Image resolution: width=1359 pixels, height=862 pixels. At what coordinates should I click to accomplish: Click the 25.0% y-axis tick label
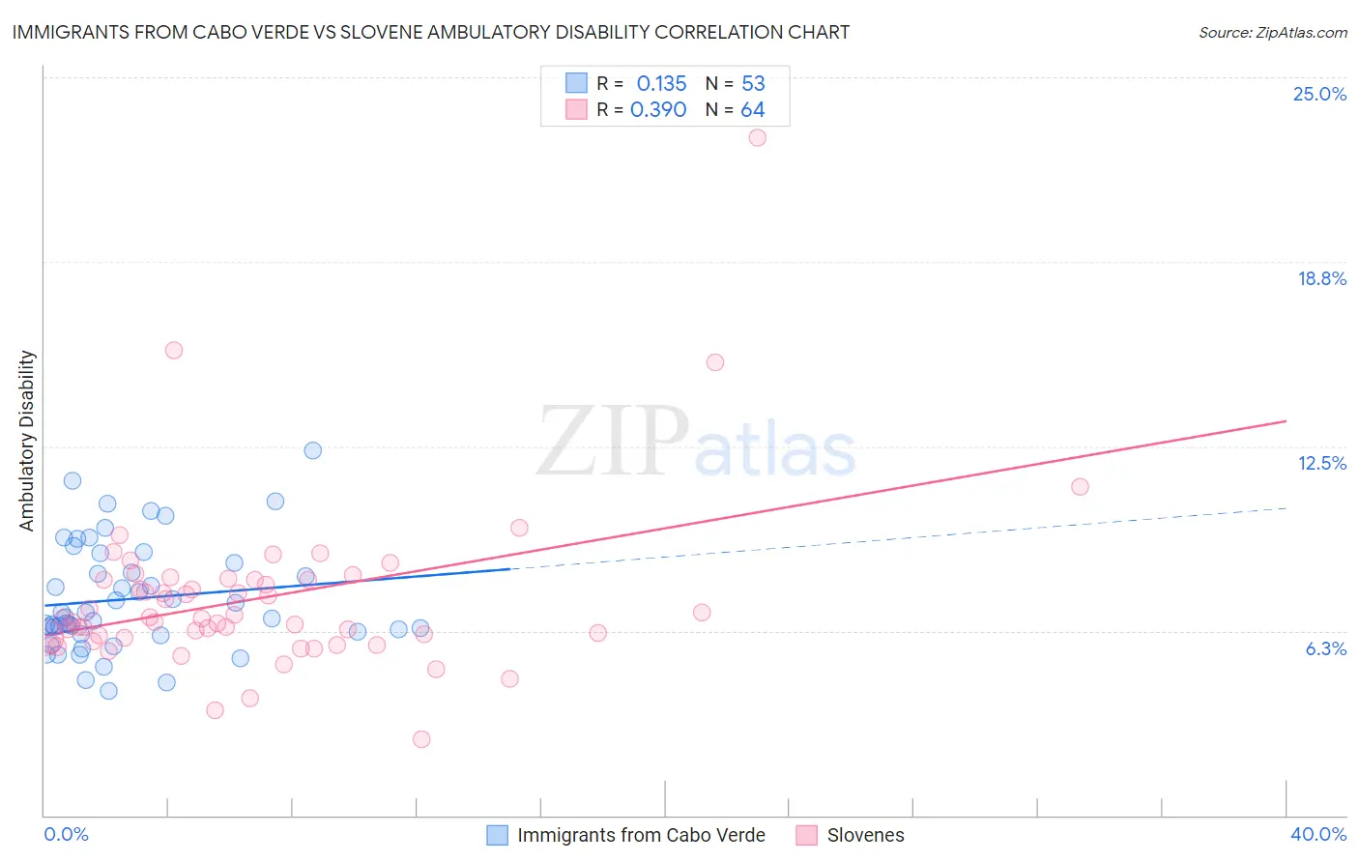click(1319, 94)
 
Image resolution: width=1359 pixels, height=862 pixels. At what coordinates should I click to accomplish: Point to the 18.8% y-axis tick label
click(1321, 278)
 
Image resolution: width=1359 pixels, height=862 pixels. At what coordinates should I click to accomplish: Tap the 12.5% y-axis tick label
click(1321, 463)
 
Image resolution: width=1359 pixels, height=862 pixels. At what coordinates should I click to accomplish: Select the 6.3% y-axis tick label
click(1325, 648)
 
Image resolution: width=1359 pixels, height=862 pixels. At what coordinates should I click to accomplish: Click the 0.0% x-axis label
click(66, 834)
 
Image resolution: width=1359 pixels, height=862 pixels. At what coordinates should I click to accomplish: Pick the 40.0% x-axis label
click(1318, 834)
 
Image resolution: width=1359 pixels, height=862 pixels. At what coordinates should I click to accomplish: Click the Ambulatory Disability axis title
click(27, 441)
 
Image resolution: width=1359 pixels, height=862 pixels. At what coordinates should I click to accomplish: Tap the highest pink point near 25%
click(758, 137)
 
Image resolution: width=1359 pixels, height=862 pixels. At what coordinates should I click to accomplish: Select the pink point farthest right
click(1080, 486)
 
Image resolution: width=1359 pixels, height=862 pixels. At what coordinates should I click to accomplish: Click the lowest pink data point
click(421, 739)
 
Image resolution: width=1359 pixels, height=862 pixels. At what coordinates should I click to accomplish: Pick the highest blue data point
click(313, 450)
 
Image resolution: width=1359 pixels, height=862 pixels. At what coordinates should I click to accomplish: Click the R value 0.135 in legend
click(661, 83)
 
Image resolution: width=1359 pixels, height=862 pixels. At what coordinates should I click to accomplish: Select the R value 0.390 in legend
click(658, 110)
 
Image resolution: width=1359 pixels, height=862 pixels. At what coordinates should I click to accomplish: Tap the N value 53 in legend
click(753, 83)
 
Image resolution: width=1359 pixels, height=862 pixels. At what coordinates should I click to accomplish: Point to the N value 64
click(752, 110)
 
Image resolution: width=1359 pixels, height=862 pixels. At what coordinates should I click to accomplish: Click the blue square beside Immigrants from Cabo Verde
click(497, 835)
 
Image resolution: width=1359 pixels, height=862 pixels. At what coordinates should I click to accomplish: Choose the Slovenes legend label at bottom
click(865, 835)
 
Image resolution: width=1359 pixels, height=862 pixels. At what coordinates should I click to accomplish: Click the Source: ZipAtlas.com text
click(1272, 32)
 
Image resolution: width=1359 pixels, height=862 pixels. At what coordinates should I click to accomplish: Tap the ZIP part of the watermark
click(613, 442)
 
